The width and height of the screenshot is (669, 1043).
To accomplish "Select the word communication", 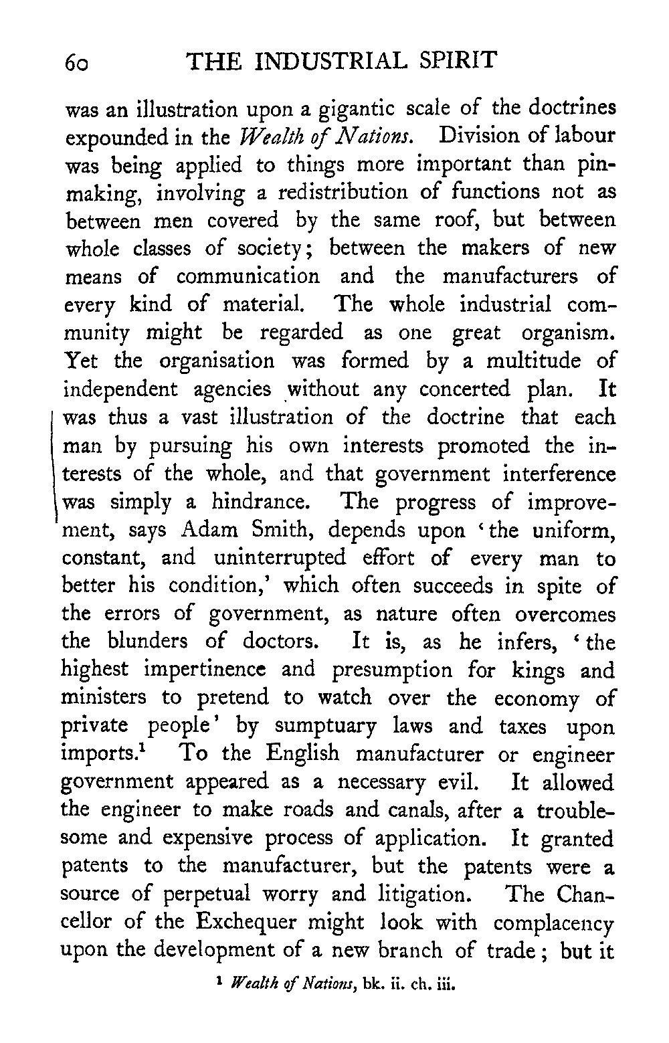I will point(248,276).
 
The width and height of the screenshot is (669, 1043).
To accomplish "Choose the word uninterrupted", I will point(280,558).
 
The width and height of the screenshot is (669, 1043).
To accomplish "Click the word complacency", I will point(554,923).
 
